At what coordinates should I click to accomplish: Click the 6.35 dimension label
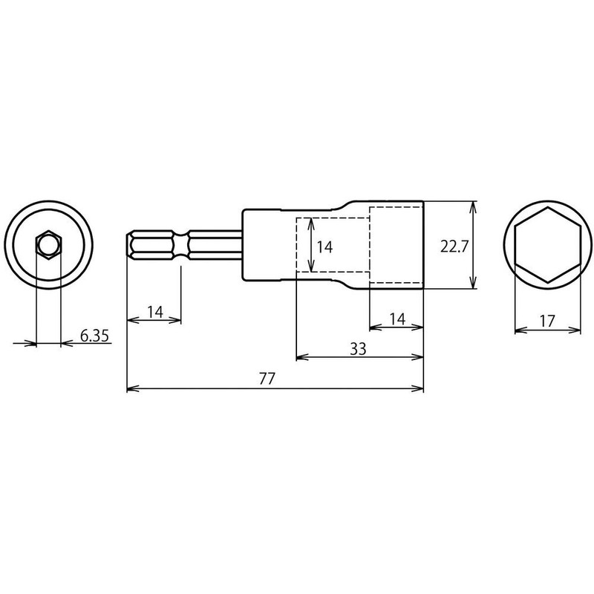tap(94, 336)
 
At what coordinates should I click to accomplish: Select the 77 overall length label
tap(267, 378)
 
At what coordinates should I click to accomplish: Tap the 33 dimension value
tap(357, 349)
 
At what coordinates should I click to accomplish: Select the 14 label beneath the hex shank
tap(154, 312)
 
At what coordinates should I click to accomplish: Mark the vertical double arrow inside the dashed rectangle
tap(310, 245)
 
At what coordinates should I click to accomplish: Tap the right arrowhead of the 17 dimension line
tap(578, 327)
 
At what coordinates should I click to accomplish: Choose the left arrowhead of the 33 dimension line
tap(301, 358)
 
